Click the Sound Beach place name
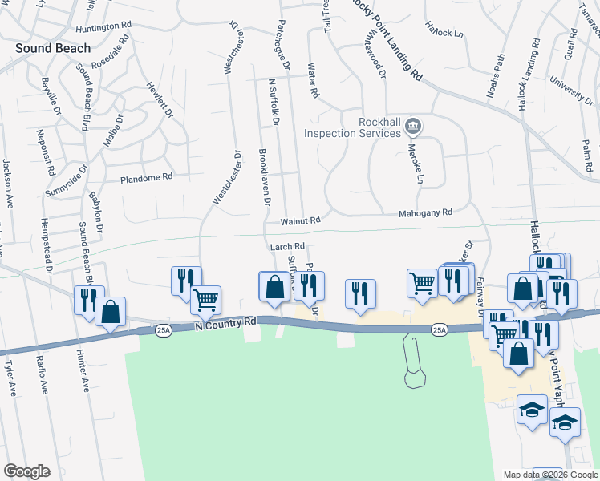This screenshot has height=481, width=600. tap(52, 48)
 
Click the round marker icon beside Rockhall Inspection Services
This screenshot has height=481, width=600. tap(413, 125)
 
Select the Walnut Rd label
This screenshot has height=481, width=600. tap(300, 220)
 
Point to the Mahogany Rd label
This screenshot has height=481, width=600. tap(426, 212)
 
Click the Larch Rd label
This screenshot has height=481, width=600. tap(287, 247)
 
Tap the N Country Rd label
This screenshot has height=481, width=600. tap(227, 321)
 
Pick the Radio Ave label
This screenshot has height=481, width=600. tap(41, 378)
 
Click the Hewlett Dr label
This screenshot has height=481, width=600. tap(159, 99)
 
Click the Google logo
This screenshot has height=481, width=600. tap(26, 471)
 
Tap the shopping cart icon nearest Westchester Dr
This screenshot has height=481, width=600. tap(207, 299)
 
